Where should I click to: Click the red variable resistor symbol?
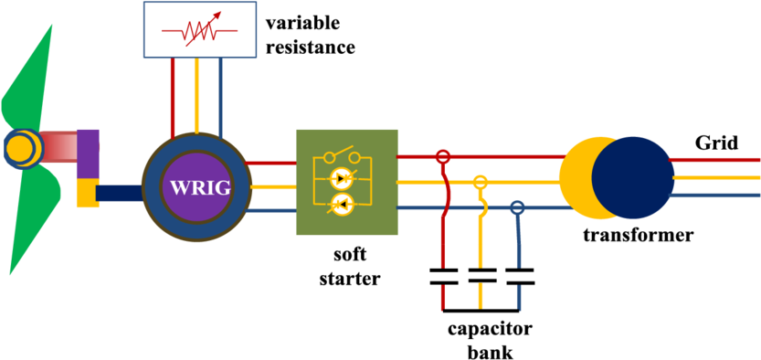click(200, 32)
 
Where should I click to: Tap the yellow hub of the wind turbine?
click(20, 148)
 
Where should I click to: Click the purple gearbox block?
click(88, 153)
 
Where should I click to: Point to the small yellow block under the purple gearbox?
click(86, 194)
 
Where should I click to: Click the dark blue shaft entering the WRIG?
click(119, 193)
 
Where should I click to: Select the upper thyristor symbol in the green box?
click(343, 177)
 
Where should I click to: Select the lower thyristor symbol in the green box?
click(343, 206)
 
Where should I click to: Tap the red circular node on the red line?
click(443, 157)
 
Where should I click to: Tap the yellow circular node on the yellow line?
click(481, 182)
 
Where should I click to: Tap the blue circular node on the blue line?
click(517, 207)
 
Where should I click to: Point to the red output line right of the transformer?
click(717, 160)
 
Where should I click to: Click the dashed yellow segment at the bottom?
click(481, 294)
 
